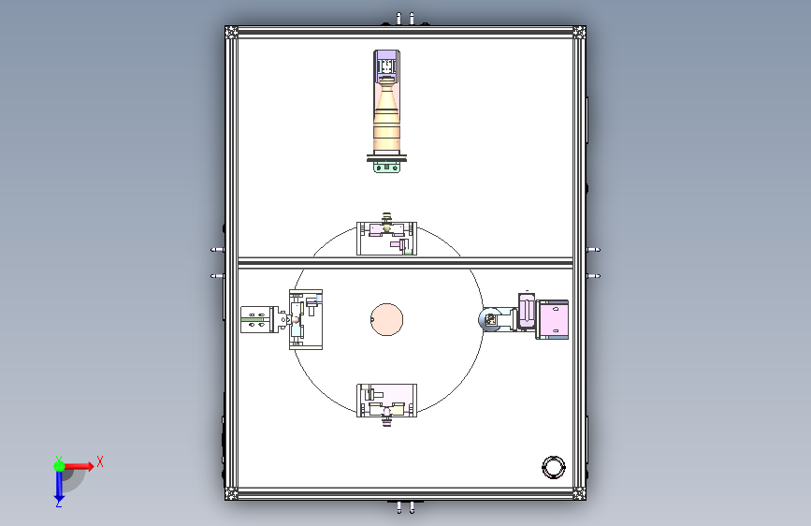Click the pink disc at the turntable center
pos(387,319)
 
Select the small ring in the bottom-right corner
pos(554,458)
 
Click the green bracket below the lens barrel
pos(387,167)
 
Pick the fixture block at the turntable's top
pos(386,238)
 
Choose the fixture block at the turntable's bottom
pos(386,401)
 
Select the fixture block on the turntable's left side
pos(306,319)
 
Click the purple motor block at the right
pos(552,319)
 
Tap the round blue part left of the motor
pos(489,319)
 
